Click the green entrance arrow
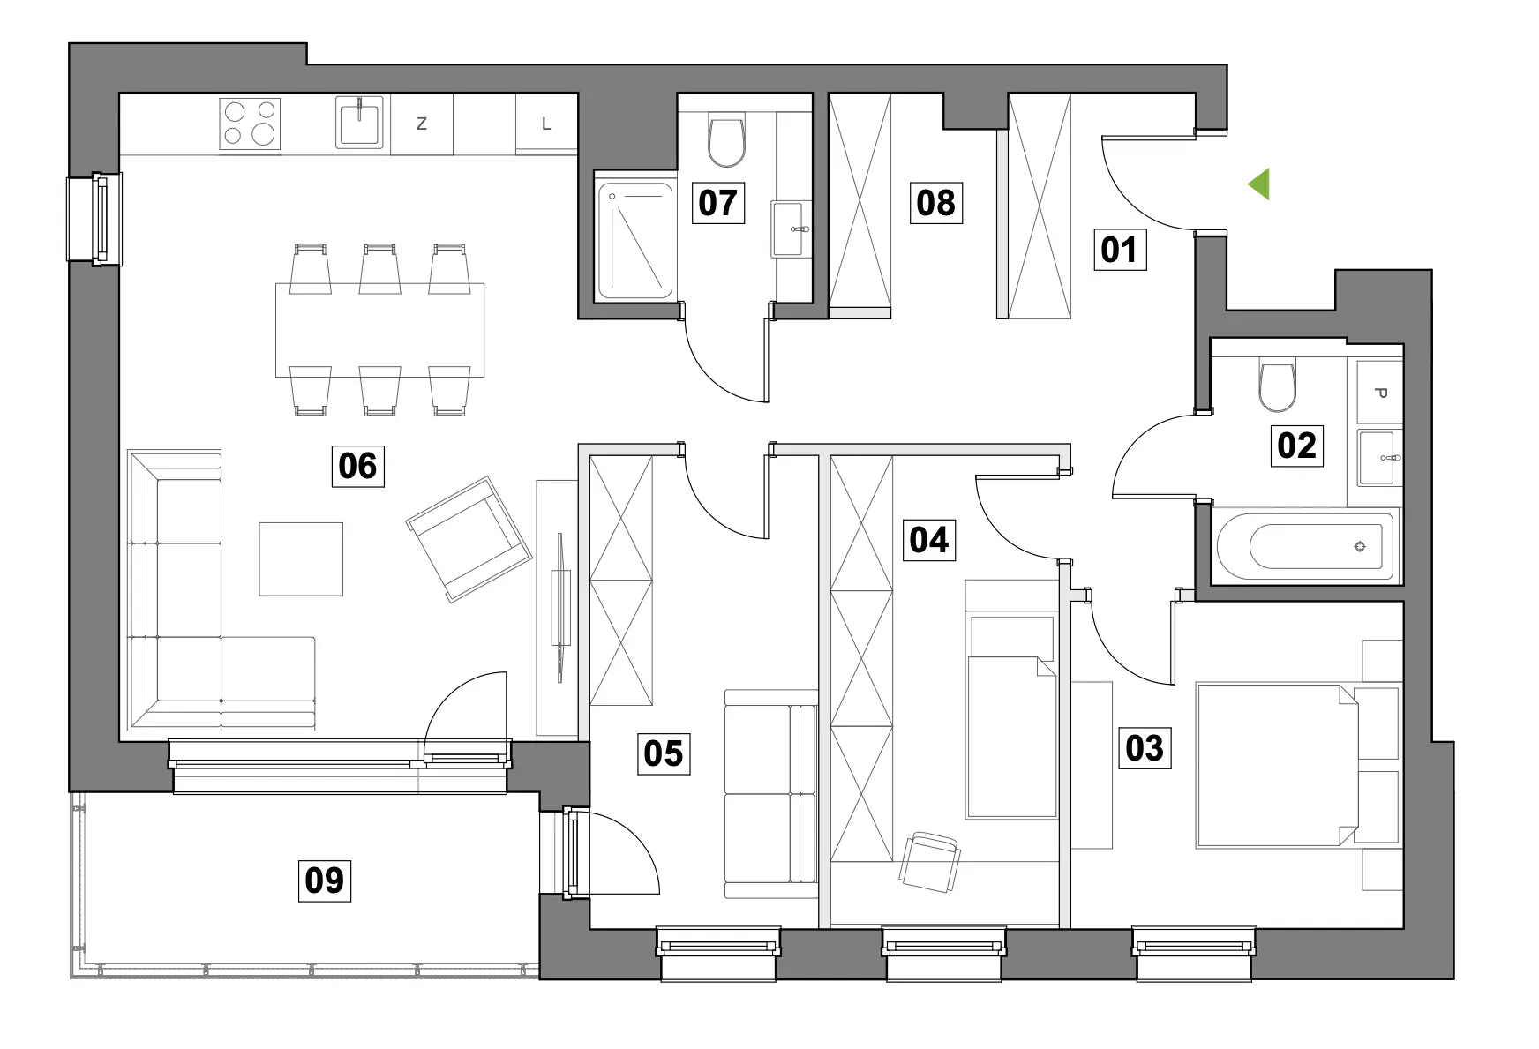click(1260, 184)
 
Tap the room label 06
click(357, 465)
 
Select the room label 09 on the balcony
click(324, 880)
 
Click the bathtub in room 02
click(1304, 546)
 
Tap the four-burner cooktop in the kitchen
click(250, 123)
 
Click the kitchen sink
click(360, 123)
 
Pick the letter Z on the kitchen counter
click(421, 124)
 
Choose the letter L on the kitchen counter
click(546, 124)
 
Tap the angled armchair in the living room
click(469, 538)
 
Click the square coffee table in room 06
click(301, 559)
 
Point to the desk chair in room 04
click(930, 860)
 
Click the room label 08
click(935, 203)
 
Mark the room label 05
click(663, 753)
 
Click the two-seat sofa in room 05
click(771, 794)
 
